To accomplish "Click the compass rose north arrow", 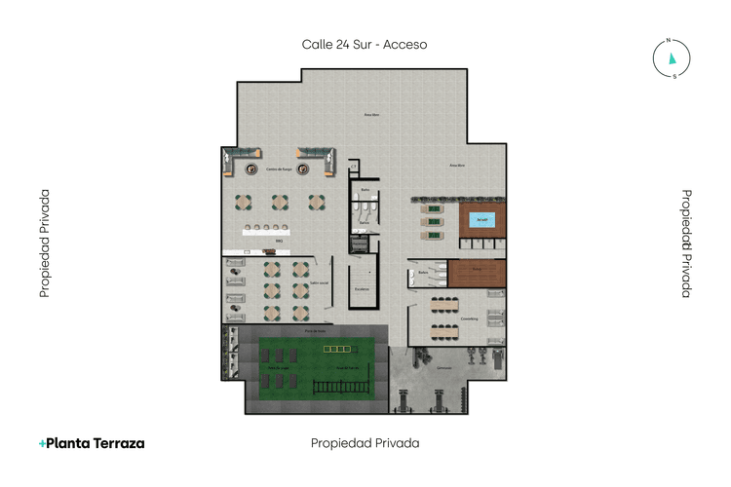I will [x=672, y=57].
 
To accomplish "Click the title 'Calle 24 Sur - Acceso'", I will [x=365, y=44].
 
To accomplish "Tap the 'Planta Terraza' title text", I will [x=92, y=442].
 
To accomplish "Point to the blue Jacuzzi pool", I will [x=481, y=220].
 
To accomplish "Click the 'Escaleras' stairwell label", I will [x=362, y=289].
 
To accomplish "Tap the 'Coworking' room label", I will [x=469, y=318].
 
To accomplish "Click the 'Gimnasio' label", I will [x=444, y=368].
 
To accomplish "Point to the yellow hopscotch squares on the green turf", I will [x=335, y=348].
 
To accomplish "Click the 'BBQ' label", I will [x=279, y=240].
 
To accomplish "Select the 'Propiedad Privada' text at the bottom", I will [x=365, y=442].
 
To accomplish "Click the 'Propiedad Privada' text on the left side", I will [x=45, y=243].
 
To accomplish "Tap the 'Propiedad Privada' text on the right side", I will [x=686, y=243].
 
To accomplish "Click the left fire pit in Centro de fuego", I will [x=252, y=169].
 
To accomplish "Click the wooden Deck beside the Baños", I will [x=477, y=273].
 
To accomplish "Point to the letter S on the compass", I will [x=673, y=76].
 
